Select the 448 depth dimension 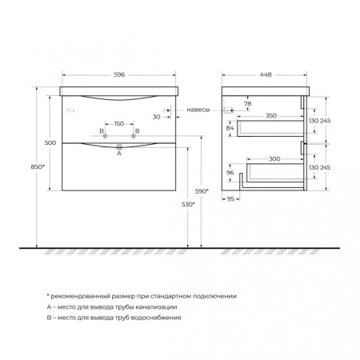coord(266,74)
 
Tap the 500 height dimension coord(50,142)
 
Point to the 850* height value coord(28,167)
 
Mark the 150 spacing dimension coord(119,124)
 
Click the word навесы coord(199,109)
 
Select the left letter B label coord(102,130)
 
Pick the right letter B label coord(137,130)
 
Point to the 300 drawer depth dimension coord(274,160)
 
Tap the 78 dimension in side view coord(247,105)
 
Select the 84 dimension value coord(230,128)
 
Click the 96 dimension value coord(230,173)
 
